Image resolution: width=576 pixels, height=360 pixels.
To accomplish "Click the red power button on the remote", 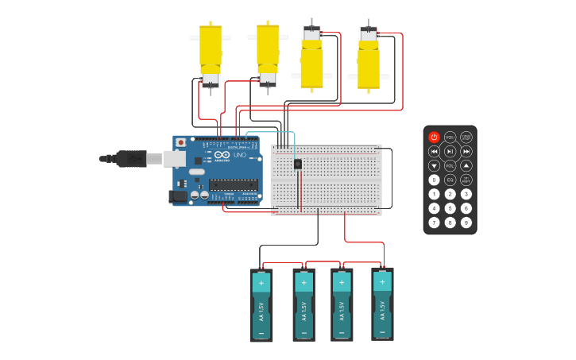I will tap(434, 137).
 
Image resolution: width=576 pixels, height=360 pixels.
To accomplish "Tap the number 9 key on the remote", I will tap(466, 223).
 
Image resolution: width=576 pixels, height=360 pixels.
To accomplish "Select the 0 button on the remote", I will tap(434, 180).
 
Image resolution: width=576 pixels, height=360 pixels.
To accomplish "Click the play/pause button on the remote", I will tap(450, 151).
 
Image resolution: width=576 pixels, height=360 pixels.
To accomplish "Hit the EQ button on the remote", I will tap(450, 180).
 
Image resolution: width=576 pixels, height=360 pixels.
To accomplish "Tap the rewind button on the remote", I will tap(434, 151).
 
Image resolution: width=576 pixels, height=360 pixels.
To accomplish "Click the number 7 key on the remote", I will tap(434, 223).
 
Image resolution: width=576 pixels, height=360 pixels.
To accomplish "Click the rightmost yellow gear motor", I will tap(369, 60).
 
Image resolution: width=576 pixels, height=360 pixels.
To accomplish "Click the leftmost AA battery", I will tap(261, 305).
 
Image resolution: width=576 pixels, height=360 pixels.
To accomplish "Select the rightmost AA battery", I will tap(382, 304).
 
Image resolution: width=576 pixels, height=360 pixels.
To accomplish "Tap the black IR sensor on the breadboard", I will tap(298, 164).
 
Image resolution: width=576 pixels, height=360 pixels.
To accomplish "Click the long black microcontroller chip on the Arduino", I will tap(233, 184).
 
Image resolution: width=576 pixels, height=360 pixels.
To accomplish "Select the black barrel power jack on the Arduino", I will tap(179, 196).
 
